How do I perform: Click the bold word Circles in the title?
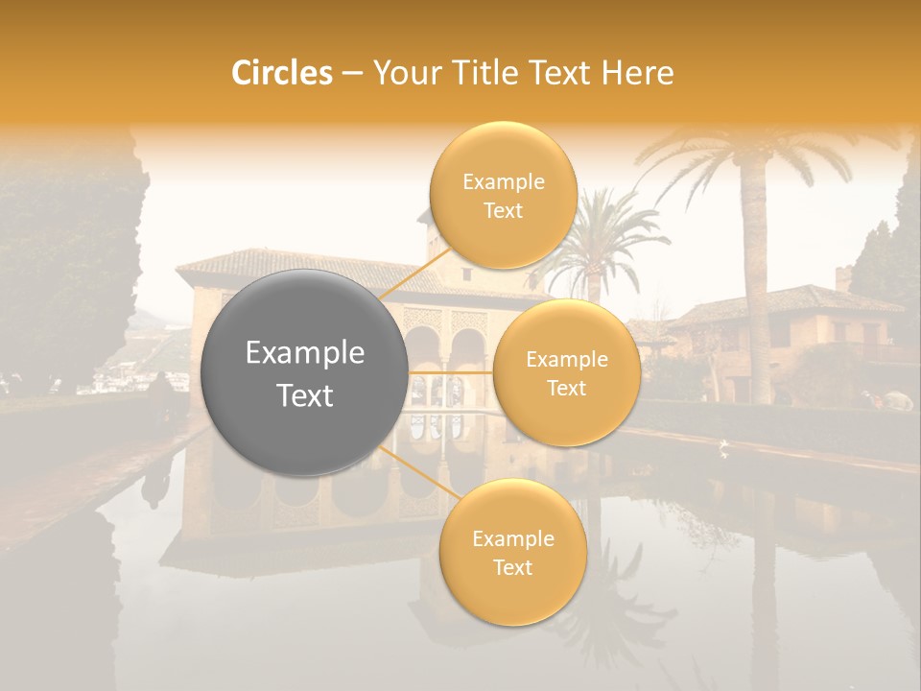click(281, 73)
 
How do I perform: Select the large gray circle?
click(305, 372)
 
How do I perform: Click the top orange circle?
click(503, 195)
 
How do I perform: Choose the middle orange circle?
click(566, 372)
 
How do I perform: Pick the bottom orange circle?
click(512, 552)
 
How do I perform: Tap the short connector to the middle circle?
click(451, 372)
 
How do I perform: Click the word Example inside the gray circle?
click(305, 353)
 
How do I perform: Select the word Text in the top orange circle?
click(503, 210)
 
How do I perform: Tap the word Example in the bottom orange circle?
click(512, 538)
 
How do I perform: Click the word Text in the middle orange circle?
click(566, 388)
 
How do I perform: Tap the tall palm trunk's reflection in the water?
click(763, 595)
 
